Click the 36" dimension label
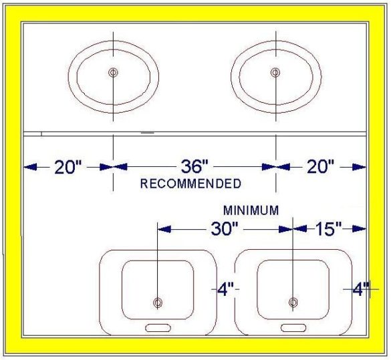[194, 166]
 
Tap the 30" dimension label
[225, 228]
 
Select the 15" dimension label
[329, 228]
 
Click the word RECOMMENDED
[190, 184]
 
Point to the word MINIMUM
[251, 210]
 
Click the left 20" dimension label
[68, 167]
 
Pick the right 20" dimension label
[320, 166]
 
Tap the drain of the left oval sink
[113, 73]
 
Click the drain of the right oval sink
[275, 73]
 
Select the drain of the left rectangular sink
[158, 303]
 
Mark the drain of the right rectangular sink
[293, 303]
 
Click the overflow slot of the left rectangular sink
[158, 328]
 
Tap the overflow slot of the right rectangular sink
[293, 328]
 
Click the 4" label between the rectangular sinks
[226, 289]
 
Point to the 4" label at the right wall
[361, 289]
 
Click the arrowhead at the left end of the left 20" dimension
[30, 167]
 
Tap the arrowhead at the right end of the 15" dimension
[360, 228]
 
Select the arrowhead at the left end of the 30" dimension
[164, 229]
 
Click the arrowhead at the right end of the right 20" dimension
[360, 167]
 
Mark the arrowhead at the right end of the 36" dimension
[269, 167]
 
